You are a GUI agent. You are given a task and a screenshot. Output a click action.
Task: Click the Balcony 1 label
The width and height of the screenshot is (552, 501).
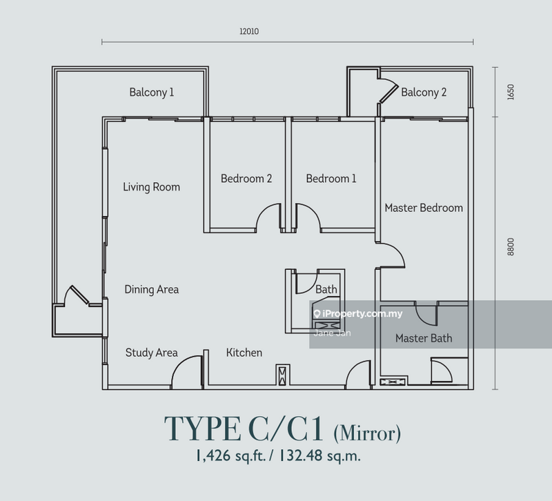(x=152, y=92)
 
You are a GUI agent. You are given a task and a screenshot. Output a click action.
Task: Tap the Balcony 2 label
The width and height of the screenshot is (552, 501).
(x=424, y=92)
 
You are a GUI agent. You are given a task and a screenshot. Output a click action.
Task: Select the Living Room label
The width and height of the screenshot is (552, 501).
(x=151, y=187)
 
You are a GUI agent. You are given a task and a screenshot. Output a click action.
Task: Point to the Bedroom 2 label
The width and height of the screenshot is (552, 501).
(x=246, y=179)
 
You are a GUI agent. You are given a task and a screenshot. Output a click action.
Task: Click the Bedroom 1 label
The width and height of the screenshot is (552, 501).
(x=331, y=179)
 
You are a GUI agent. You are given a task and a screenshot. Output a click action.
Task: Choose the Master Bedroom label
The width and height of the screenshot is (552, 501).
(x=424, y=208)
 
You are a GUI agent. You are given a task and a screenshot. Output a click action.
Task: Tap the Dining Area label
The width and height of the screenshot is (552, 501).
(x=152, y=289)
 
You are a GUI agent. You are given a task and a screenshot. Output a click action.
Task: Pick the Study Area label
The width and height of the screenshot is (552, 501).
(x=152, y=353)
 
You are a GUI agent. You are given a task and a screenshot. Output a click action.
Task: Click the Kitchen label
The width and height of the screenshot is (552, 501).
(x=244, y=353)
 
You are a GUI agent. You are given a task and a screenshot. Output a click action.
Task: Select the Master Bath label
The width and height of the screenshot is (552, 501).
(x=424, y=338)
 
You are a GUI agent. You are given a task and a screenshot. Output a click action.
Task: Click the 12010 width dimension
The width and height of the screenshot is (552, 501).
(x=249, y=31)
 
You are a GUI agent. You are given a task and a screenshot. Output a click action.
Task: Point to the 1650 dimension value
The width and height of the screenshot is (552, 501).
(x=511, y=92)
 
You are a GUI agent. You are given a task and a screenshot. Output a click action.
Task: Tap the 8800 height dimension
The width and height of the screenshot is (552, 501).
(x=511, y=247)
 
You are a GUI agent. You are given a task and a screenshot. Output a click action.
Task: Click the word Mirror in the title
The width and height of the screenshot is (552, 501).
(x=367, y=433)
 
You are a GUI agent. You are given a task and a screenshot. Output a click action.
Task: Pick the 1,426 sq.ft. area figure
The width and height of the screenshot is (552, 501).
(x=230, y=456)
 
